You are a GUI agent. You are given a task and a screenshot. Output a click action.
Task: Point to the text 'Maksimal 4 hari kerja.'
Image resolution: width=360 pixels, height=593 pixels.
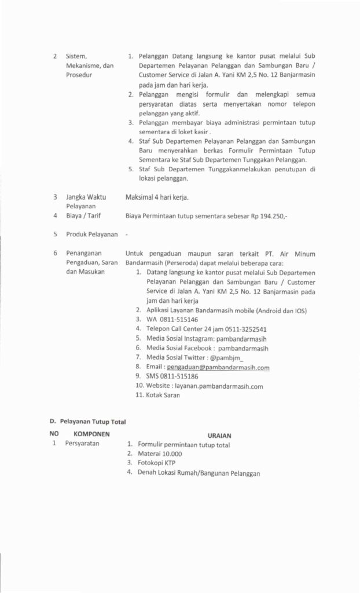pyautogui.click(x=156, y=197)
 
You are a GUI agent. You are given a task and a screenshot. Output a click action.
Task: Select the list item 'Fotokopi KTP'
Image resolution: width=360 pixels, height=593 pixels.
pyautogui.click(x=156, y=463)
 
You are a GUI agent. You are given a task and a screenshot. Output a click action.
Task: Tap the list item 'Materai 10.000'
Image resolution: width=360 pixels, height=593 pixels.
pyautogui.click(x=160, y=454)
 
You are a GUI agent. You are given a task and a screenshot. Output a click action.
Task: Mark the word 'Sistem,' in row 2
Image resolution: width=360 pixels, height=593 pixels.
pyautogui.click(x=76, y=57)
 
